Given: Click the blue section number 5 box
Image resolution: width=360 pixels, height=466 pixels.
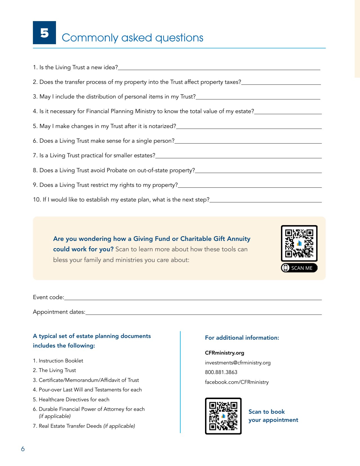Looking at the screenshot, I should (44, 33).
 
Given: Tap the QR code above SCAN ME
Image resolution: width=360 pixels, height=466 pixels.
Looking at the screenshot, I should (299, 243).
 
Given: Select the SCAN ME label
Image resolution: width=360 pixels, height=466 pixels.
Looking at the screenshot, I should (301, 268).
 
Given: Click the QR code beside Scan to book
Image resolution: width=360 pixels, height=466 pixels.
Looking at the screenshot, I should (223, 416).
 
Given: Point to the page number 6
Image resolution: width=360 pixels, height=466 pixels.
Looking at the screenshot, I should (23, 449).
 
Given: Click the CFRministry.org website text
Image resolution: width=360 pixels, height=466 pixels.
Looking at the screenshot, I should (224, 353).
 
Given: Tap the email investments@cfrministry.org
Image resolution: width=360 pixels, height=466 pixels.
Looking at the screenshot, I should (238, 363).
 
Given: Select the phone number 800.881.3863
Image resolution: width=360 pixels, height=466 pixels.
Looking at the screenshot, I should (221, 372).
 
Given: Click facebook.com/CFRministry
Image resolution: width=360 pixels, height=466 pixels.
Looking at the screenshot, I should (237, 382).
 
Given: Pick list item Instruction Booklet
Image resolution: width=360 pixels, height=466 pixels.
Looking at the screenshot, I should (61, 361).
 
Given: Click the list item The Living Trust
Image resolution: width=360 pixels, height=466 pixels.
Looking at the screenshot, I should (57, 370).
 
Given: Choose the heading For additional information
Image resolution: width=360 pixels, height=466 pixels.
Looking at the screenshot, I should (242, 338).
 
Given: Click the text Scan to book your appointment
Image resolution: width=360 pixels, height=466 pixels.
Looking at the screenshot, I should (273, 416).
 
